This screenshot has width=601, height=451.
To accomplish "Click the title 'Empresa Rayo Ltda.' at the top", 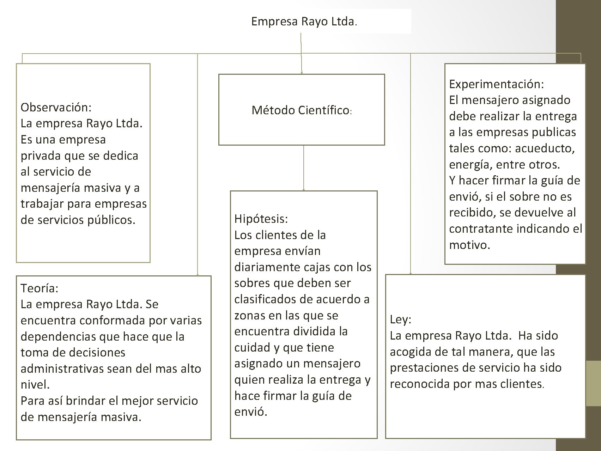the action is (x=304, y=22).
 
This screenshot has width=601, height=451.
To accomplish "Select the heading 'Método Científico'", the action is (x=300, y=110).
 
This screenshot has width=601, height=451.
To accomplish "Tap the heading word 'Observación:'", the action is (x=56, y=107).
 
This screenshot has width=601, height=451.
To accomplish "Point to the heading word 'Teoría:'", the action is (x=39, y=288).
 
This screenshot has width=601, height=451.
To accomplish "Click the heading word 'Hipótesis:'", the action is (x=261, y=219).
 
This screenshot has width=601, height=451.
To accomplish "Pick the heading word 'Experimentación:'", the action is (x=496, y=84).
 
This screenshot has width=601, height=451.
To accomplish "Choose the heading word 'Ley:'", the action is (x=400, y=319).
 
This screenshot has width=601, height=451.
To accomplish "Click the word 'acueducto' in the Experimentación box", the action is (x=544, y=148).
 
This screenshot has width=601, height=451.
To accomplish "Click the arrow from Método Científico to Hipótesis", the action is (x=304, y=168).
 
